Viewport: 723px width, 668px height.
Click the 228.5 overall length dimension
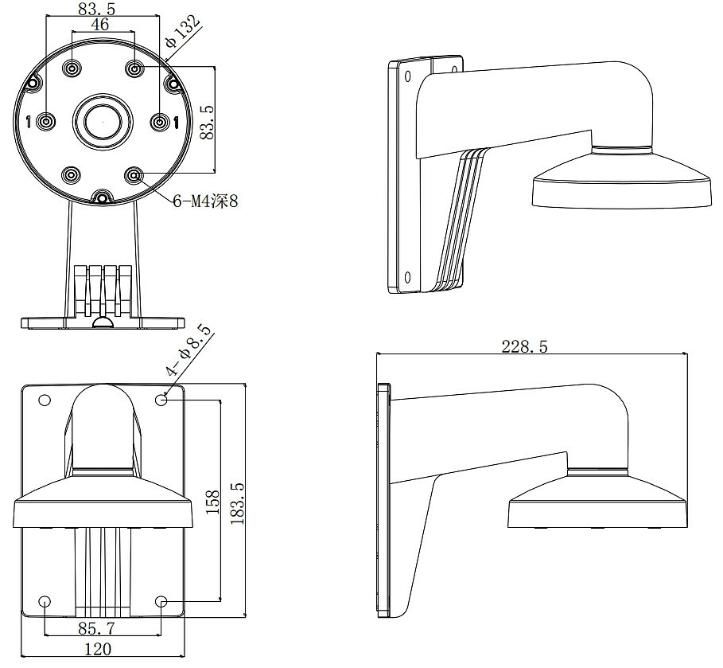524,346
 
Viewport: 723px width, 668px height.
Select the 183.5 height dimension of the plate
236,502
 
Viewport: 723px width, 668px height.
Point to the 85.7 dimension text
96,627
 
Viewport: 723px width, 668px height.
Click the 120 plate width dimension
97,649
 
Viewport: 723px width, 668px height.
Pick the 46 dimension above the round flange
100,25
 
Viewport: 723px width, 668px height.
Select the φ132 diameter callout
182,36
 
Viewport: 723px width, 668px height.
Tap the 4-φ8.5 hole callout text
188,351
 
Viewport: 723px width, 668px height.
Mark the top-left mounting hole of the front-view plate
45,400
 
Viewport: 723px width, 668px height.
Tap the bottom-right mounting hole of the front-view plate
162,603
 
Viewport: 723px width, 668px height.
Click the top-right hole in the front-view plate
162,400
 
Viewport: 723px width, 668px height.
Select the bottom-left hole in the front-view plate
45,603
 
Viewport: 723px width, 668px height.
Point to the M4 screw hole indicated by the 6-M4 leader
134,174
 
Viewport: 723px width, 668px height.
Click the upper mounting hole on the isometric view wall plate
406,76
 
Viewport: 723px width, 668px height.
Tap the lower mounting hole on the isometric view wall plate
406,277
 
